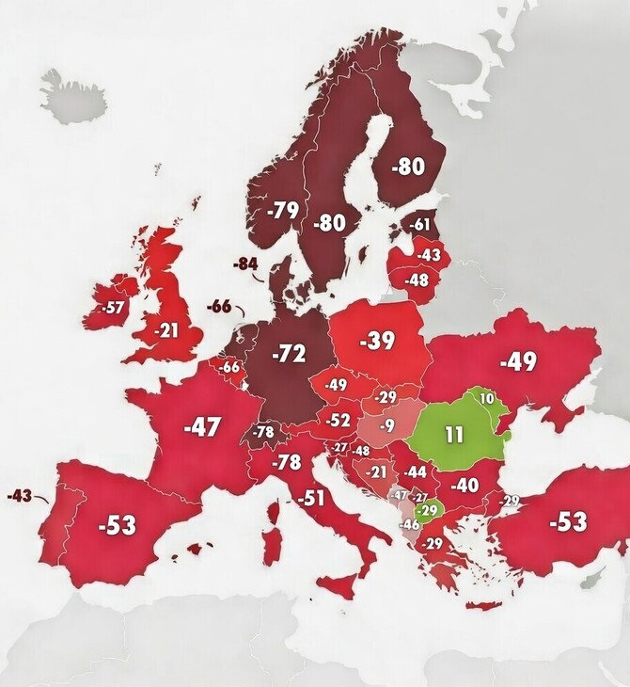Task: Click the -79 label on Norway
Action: [x=282, y=210]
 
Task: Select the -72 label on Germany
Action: [x=289, y=354]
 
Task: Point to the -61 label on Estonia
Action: [x=418, y=224]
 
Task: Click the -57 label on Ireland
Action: [x=114, y=307]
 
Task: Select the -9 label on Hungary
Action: [x=385, y=426]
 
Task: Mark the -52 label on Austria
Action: [x=338, y=421]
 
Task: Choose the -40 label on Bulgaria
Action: [x=464, y=486]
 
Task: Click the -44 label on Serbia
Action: [x=416, y=471]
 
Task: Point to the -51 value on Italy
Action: [x=310, y=498]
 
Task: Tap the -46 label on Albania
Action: [x=410, y=523]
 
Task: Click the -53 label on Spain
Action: [x=117, y=524]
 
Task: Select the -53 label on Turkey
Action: [x=567, y=520]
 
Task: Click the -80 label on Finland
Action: [x=407, y=166]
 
